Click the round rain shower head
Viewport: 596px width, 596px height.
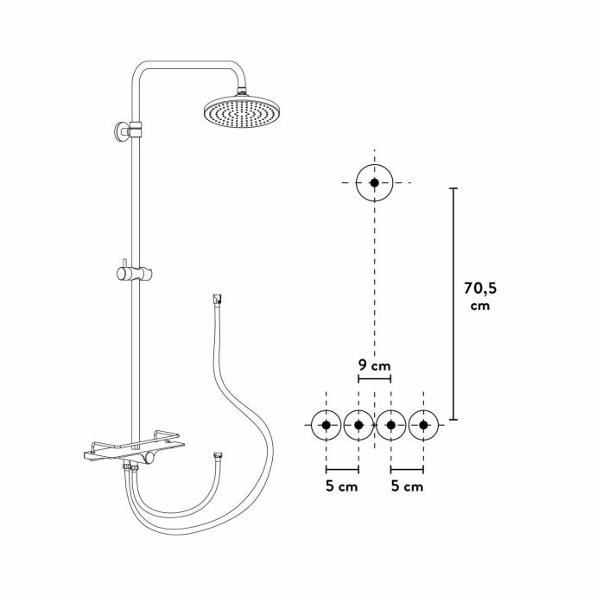point(241,111)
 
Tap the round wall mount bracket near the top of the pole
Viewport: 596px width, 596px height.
point(122,132)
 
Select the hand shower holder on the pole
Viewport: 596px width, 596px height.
point(134,273)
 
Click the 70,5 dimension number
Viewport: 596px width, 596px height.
point(480,288)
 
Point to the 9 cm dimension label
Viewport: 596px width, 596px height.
point(374,365)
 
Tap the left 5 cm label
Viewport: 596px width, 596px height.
point(342,486)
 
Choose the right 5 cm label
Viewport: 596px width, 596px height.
point(407,486)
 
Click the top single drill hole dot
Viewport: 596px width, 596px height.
point(374,183)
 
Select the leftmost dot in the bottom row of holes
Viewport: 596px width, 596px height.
point(327,425)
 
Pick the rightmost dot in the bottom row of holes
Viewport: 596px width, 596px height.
point(423,425)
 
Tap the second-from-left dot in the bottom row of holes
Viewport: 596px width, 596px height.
point(358,425)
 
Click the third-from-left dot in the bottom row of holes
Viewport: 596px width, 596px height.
point(390,425)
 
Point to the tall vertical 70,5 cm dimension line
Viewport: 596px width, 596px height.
point(453,304)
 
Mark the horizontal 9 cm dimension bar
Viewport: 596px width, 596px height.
point(374,378)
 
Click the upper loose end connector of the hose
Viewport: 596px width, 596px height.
point(217,299)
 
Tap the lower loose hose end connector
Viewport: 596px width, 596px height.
point(218,455)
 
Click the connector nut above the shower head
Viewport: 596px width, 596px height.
point(242,92)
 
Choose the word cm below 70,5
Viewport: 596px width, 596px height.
point(480,306)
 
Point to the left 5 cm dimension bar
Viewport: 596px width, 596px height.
point(342,470)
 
